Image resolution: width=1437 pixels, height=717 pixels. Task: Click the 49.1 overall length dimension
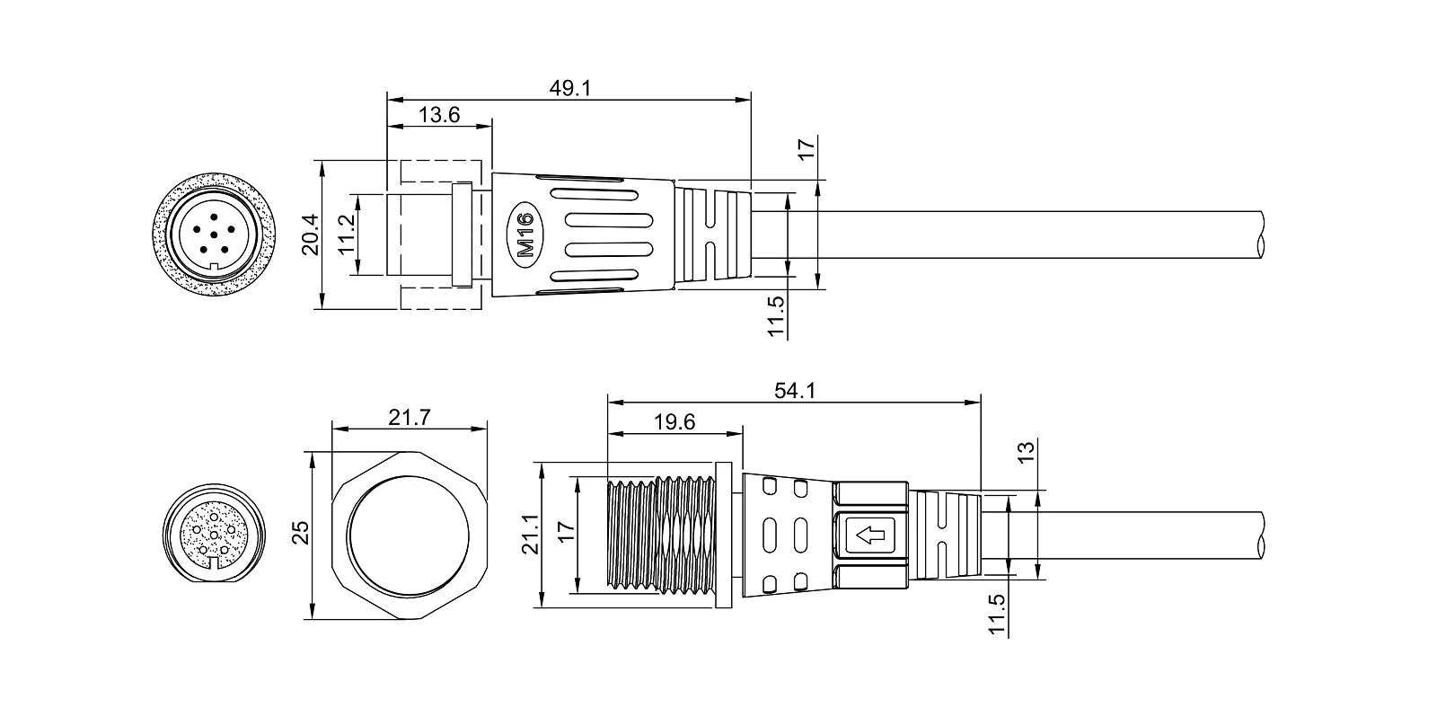(x=569, y=88)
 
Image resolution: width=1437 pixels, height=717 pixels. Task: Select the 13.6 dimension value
(x=439, y=115)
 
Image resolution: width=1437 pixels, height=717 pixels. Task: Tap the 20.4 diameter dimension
(x=311, y=235)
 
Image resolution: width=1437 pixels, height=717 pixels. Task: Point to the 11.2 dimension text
(x=347, y=235)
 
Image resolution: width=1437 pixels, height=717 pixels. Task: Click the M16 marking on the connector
(x=525, y=235)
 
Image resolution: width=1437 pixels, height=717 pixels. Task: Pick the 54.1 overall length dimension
(x=794, y=390)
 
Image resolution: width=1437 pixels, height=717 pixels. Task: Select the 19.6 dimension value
(x=674, y=421)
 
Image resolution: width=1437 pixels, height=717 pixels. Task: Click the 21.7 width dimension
(x=410, y=418)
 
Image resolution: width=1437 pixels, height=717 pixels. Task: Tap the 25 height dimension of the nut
(x=301, y=533)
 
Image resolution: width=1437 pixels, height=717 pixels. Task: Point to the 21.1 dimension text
(x=530, y=534)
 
